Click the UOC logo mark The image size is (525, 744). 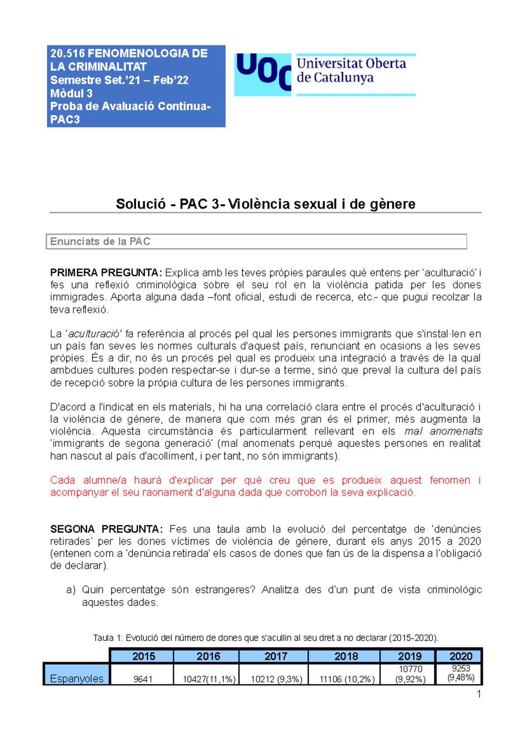click(262, 74)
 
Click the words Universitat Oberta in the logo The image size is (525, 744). click(351, 64)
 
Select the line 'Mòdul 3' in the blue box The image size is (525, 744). click(71, 93)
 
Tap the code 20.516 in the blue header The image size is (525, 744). click(68, 53)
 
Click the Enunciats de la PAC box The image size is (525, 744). click(256, 241)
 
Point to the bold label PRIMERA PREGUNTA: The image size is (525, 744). click(106, 273)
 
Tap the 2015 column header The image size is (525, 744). click(143, 656)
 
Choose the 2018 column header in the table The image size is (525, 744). click(346, 656)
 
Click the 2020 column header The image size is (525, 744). click(461, 656)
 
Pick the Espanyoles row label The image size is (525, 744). click(77, 678)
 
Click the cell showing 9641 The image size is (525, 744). click(143, 679)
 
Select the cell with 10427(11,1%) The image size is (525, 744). click(209, 679)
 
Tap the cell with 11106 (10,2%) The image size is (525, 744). click(347, 679)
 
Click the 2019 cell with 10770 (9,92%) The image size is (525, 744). click(410, 674)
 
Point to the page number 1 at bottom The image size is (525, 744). click(479, 694)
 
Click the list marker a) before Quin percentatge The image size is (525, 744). click(71, 590)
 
